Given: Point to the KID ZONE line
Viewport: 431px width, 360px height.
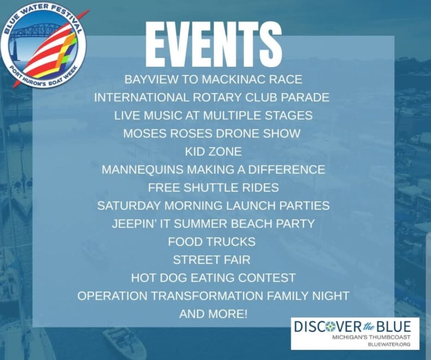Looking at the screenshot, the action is click(213, 151).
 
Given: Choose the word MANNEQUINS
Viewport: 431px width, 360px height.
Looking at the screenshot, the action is click(142, 169).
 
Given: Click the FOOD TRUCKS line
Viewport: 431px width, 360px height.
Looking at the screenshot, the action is click(212, 242).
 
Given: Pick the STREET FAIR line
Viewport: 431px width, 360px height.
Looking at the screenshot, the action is click(212, 260).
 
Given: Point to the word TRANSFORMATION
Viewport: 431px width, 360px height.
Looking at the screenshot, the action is click(207, 296).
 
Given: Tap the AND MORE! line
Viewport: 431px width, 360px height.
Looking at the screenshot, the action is click(213, 314).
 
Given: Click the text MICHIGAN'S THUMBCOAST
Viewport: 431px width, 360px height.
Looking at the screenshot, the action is click(371, 337).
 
